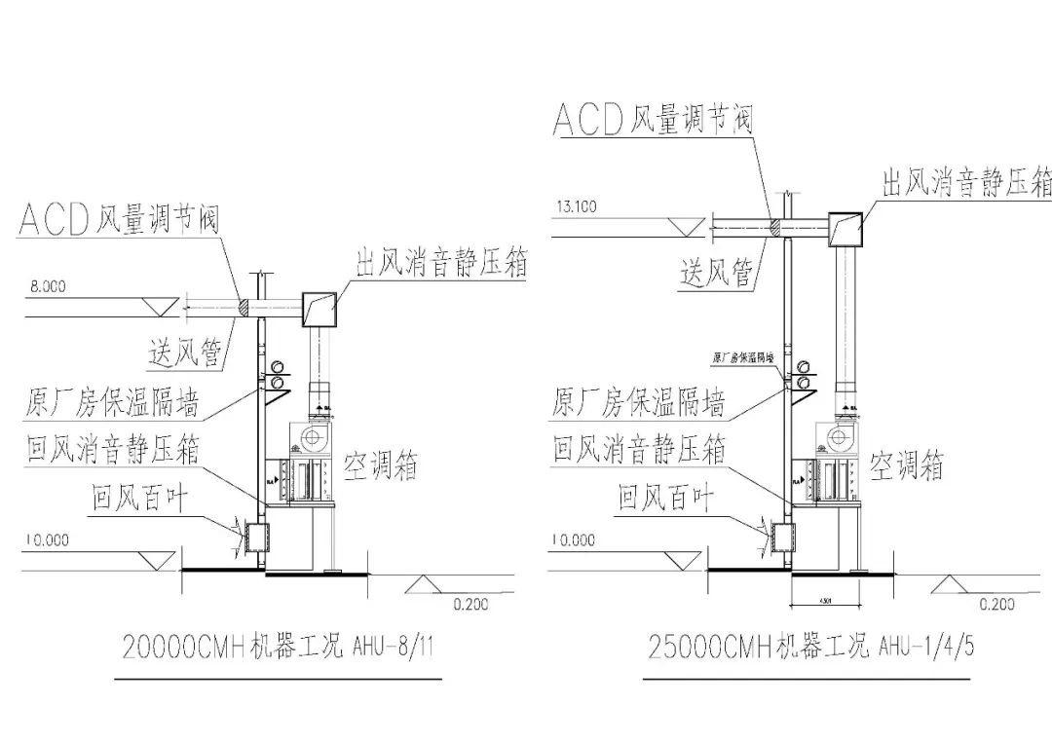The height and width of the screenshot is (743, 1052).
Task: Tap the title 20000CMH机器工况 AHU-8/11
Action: (278, 647)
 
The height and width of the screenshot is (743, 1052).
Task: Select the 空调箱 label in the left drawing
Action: (382, 466)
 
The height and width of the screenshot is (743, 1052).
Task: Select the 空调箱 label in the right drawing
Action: (907, 465)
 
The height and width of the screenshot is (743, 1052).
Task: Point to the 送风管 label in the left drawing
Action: (186, 352)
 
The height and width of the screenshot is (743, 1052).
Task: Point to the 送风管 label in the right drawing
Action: (717, 274)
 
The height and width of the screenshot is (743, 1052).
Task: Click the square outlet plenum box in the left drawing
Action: (319, 308)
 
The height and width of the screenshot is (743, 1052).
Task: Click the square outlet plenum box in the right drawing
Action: (846, 228)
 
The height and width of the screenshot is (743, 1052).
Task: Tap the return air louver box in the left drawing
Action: (258, 536)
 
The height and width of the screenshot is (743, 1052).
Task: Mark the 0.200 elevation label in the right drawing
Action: (996, 605)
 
